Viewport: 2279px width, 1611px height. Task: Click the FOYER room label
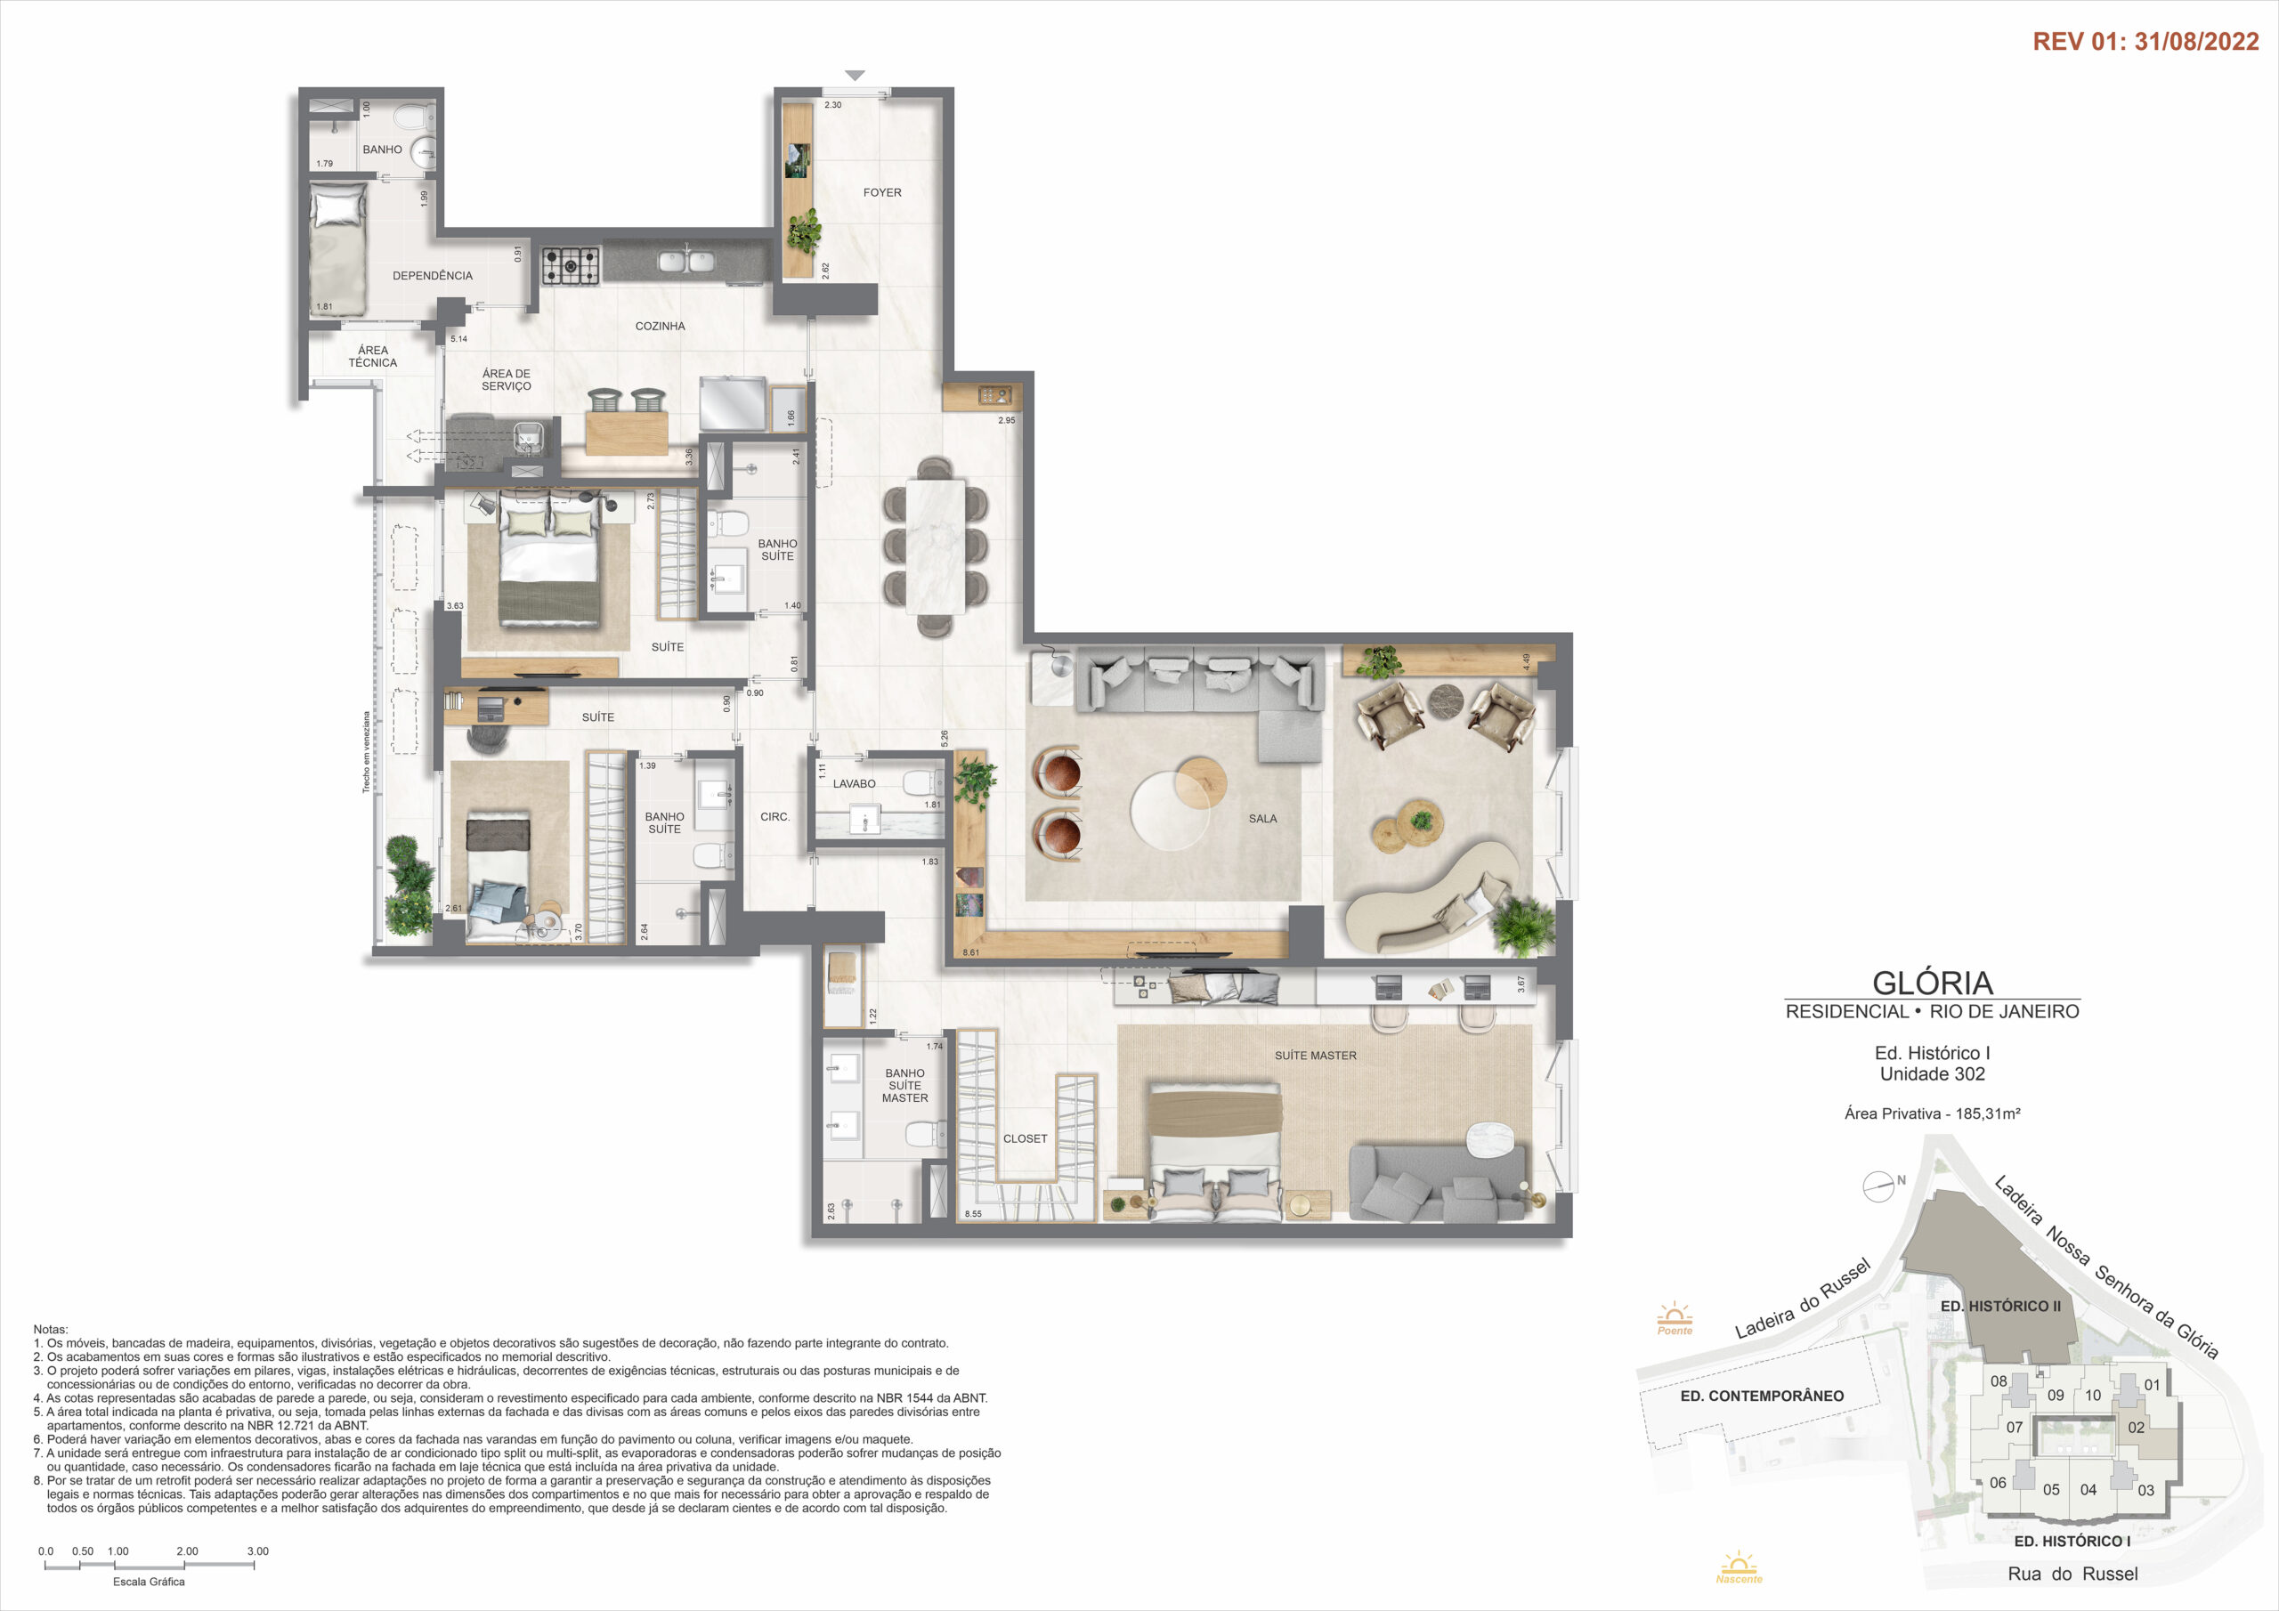tap(882, 192)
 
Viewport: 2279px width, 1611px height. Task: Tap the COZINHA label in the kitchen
tap(660, 326)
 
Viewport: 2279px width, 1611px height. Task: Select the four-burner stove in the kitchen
tap(571, 265)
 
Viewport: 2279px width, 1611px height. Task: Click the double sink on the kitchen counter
tap(685, 261)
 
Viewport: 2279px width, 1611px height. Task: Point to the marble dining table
tap(935, 546)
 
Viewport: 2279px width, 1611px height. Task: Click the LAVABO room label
tap(854, 783)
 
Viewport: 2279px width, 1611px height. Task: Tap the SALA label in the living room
tap(1262, 818)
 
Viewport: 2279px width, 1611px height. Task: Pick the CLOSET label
tap(1026, 1138)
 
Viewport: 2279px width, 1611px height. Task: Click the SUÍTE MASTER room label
tap(1315, 1055)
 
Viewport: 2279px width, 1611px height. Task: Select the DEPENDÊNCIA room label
tap(432, 275)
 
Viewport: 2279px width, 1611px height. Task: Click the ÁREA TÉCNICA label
tap(373, 356)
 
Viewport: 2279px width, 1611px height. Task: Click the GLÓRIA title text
tap(1932, 983)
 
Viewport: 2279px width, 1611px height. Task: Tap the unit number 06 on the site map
tap(1998, 1482)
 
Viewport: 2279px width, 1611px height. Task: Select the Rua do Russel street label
tap(2072, 1574)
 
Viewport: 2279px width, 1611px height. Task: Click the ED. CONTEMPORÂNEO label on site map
tap(1762, 1396)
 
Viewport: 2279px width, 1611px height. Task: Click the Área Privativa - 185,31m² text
tap(1932, 1113)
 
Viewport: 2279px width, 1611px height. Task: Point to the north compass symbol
tap(1878, 1186)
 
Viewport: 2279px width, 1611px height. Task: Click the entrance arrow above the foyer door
tap(855, 76)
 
